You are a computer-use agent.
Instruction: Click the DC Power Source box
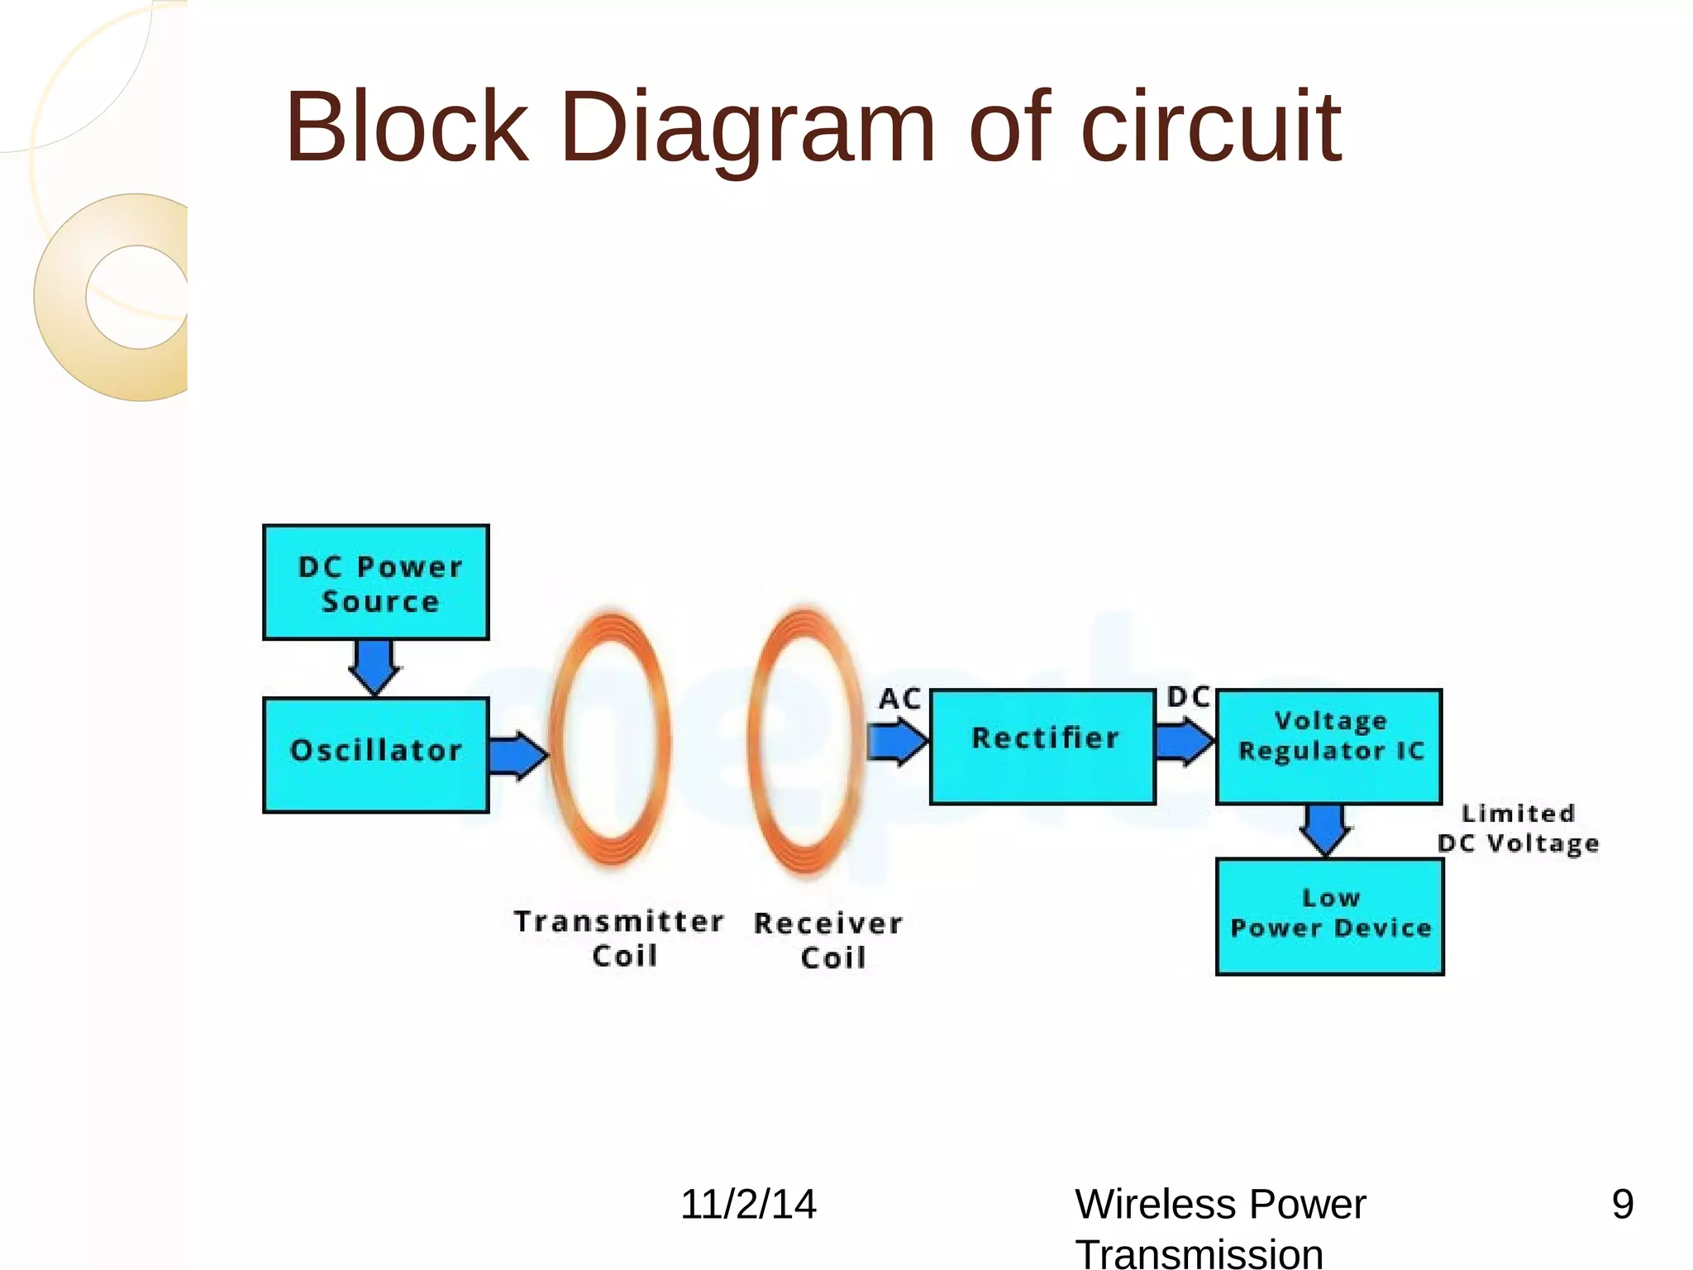click(376, 582)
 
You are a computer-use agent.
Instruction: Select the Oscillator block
click(376, 755)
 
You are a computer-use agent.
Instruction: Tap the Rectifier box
click(1042, 747)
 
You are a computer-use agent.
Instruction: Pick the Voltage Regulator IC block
click(1329, 747)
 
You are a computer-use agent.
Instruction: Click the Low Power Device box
click(1329, 917)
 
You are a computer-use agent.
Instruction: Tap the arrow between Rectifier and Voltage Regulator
click(1184, 741)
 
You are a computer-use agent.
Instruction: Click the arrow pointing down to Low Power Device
click(1326, 829)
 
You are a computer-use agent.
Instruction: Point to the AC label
click(899, 699)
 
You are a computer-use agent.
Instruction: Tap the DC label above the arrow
click(1188, 697)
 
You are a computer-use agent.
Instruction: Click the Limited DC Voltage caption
click(1518, 828)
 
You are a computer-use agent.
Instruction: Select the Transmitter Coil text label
click(620, 938)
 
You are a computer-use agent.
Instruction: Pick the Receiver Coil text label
click(828, 940)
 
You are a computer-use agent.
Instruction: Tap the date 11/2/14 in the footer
click(748, 1204)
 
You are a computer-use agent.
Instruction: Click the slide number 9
click(1622, 1204)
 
